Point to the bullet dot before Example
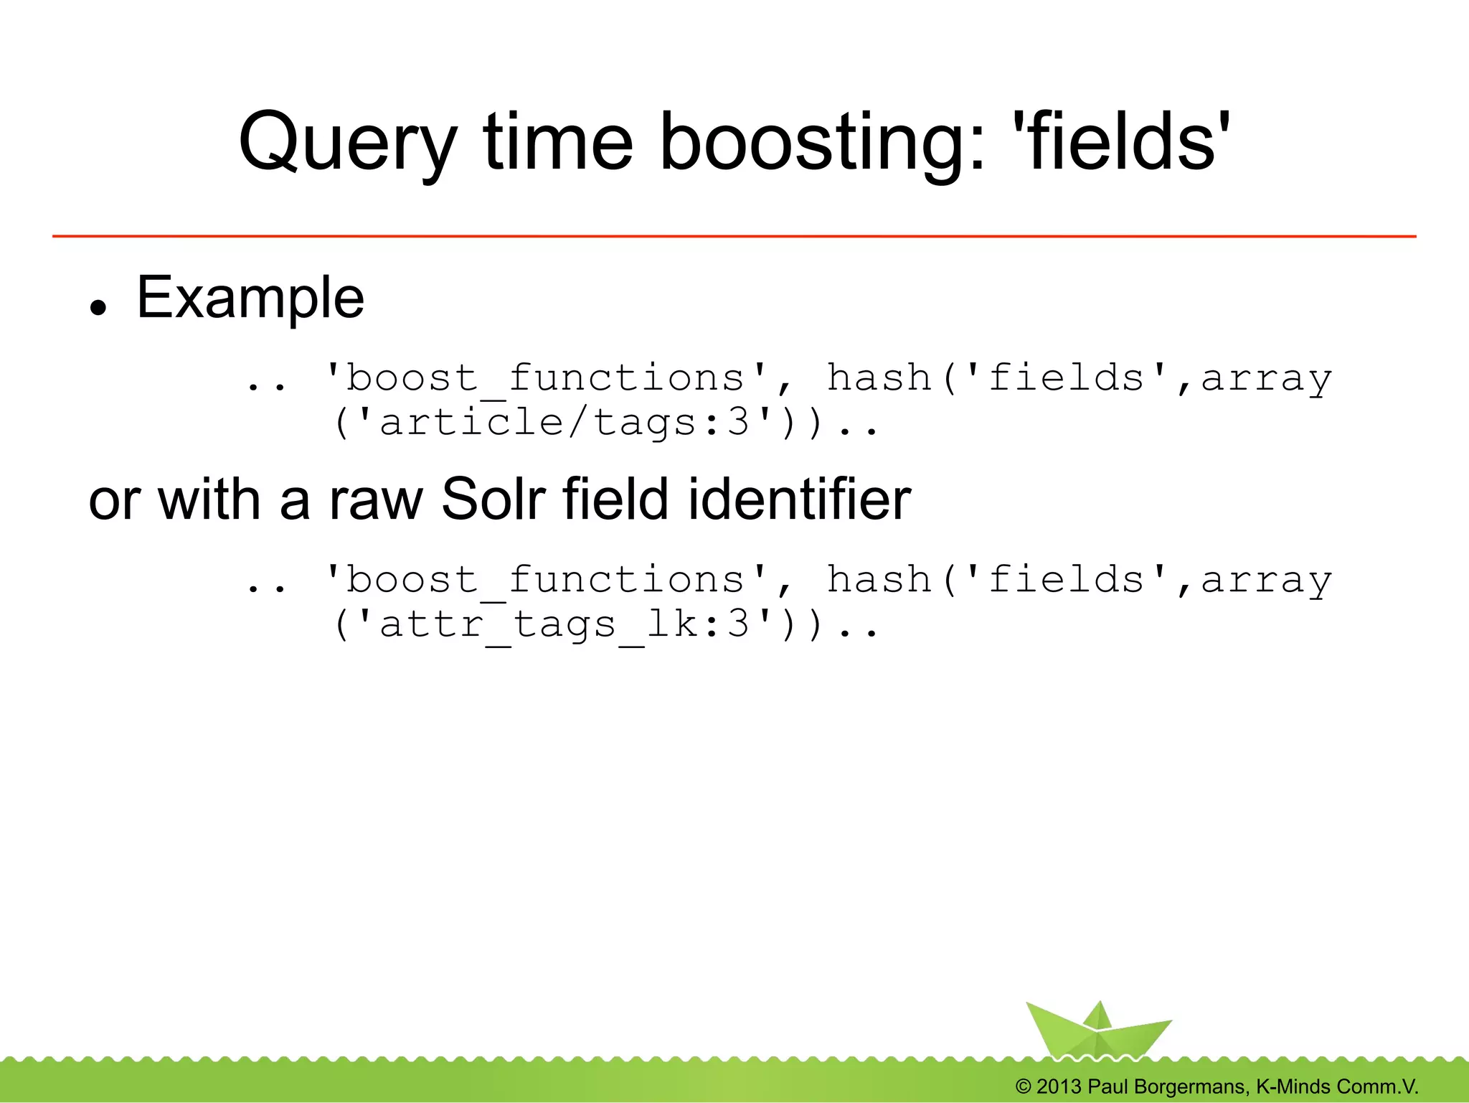(98, 307)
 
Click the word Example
(250, 298)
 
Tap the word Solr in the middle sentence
(494, 499)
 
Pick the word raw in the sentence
(376, 501)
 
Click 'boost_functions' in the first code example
(546, 378)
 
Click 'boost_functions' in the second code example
(546, 580)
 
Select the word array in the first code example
(1266, 378)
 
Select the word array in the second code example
(1266, 580)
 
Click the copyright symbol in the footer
(1024, 1086)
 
